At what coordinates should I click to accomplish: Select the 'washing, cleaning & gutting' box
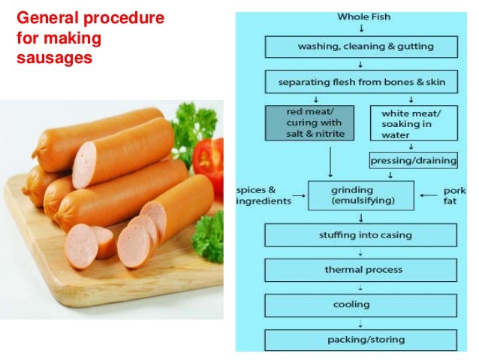pyautogui.click(x=360, y=47)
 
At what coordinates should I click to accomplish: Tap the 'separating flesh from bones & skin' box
pyautogui.click(x=360, y=81)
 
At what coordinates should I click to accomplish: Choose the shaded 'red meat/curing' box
pyautogui.click(x=304, y=123)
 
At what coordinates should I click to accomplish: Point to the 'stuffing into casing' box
pyautogui.click(x=360, y=235)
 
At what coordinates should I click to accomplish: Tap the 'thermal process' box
pyautogui.click(x=360, y=270)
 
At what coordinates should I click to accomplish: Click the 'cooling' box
pyautogui.click(x=360, y=305)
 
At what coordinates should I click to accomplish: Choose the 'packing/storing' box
pyautogui.click(x=360, y=340)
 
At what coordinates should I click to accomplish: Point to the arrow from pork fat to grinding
pyautogui.click(x=429, y=195)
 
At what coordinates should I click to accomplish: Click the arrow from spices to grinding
pyautogui.click(x=298, y=195)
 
